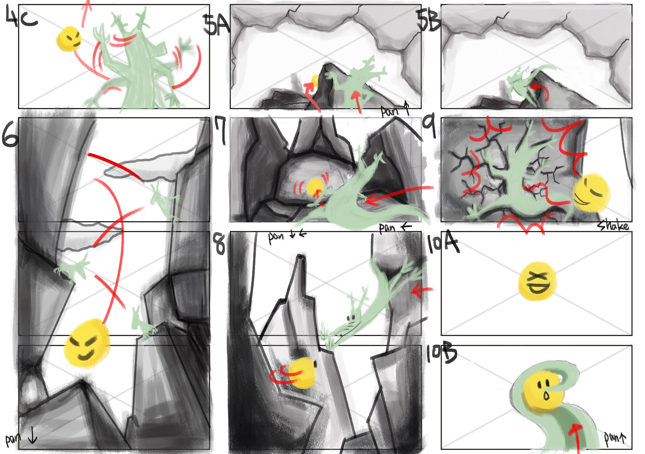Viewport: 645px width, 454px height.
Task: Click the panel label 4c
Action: click(x=22, y=17)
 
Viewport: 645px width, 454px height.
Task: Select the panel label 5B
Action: click(x=429, y=20)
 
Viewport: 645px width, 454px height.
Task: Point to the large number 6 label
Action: click(x=10, y=134)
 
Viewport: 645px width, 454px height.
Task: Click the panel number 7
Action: click(x=221, y=130)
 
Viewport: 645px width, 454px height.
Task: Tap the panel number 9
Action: click(x=430, y=127)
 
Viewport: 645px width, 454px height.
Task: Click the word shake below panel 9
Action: click(x=613, y=226)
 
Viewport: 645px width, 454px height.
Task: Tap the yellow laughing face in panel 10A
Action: click(x=537, y=281)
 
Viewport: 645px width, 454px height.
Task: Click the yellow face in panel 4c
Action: click(x=69, y=39)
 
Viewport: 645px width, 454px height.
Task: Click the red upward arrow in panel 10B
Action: click(x=576, y=438)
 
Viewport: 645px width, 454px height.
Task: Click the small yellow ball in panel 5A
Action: click(x=315, y=81)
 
